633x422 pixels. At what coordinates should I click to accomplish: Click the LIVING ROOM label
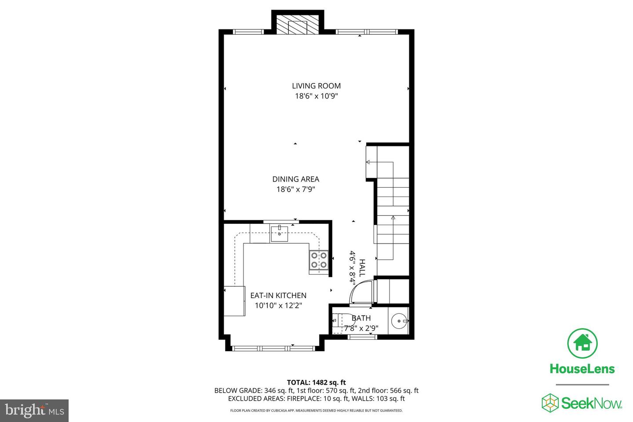tap(316, 86)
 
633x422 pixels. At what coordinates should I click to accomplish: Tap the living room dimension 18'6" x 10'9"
tap(316, 96)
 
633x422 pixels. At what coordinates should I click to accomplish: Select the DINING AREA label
tap(295, 179)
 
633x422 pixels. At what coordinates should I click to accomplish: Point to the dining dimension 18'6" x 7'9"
tap(295, 189)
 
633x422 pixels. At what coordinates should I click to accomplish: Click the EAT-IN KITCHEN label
tap(278, 295)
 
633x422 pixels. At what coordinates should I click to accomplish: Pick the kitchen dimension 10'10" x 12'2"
tap(278, 306)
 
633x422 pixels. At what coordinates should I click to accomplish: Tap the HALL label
tap(362, 267)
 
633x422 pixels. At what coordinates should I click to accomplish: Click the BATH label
tap(361, 318)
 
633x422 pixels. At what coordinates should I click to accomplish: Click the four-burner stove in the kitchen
tap(319, 260)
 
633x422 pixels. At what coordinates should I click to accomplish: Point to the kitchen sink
tap(279, 233)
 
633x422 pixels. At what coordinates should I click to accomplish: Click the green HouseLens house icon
tap(582, 343)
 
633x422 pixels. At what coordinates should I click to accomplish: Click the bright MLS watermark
tap(34, 411)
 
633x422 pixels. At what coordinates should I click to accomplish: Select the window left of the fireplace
tap(248, 32)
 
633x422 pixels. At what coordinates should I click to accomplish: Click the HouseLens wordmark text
tap(582, 369)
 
